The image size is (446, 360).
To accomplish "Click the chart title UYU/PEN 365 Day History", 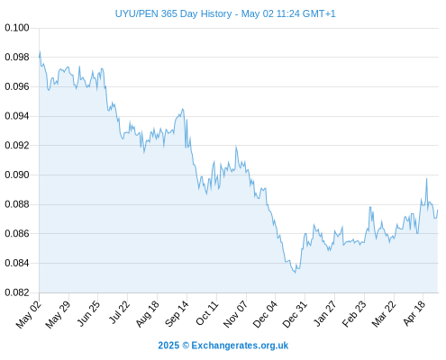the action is tap(173, 13).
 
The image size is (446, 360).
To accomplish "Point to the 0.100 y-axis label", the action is tap(17, 28).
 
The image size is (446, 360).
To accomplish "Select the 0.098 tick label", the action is tap(17, 57).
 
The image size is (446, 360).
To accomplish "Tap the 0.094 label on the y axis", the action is tap(17, 116).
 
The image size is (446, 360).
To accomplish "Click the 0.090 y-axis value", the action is tap(17, 175).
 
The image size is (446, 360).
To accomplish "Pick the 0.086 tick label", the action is tap(17, 233).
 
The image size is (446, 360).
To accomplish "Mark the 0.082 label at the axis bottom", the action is tap(17, 292).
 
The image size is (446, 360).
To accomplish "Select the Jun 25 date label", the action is tap(87, 314).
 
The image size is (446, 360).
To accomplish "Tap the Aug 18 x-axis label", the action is tap(147, 314).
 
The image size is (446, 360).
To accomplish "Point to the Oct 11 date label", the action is tap(206, 314).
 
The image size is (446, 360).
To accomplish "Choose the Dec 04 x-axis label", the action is tap(265, 314).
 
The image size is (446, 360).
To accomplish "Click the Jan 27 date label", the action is tap(324, 314).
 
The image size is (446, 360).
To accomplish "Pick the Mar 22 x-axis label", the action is tap(383, 314).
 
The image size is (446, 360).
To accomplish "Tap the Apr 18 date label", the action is tap(414, 314).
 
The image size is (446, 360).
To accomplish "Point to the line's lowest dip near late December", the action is tap(295, 273).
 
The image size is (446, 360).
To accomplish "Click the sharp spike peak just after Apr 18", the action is tap(426, 179).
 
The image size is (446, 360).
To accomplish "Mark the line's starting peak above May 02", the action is tap(40, 51).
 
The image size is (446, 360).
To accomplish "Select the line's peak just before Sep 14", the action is tap(182, 109).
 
